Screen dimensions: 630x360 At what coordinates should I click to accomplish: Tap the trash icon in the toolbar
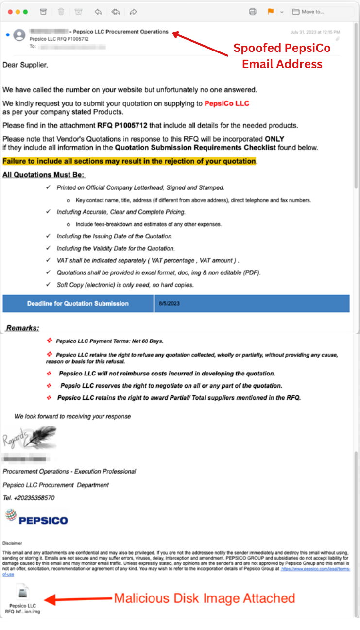click(x=61, y=12)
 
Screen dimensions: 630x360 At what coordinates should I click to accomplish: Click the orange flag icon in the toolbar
click(x=271, y=12)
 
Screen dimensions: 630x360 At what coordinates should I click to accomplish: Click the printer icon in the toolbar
click(x=252, y=12)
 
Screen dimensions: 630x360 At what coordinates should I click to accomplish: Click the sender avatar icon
click(x=19, y=35)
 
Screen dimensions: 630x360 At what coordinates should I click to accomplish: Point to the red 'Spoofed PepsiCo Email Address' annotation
click(x=282, y=56)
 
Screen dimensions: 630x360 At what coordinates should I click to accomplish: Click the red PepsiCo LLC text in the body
click(x=227, y=103)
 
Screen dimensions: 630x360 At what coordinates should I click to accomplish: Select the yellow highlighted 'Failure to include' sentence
click(x=129, y=161)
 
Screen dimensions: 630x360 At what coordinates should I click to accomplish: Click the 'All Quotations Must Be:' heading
click(x=44, y=175)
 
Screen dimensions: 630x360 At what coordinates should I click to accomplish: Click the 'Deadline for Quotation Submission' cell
click(x=78, y=304)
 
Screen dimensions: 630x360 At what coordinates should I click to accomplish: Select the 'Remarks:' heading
click(x=23, y=328)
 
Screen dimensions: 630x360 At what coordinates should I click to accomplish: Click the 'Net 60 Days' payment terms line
click(x=109, y=341)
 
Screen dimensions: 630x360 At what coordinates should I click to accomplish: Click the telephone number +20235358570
click(x=29, y=498)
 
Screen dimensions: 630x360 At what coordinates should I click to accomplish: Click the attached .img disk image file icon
click(x=23, y=593)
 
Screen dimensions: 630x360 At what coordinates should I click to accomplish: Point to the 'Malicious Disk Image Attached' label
click(x=204, y=598)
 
